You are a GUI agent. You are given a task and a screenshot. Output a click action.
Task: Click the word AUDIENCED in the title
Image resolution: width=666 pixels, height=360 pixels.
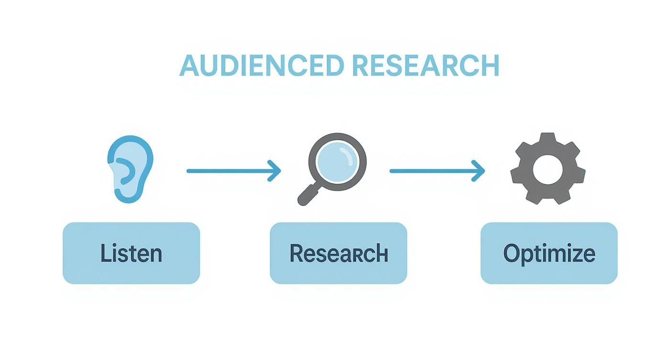click(x=261, y=66)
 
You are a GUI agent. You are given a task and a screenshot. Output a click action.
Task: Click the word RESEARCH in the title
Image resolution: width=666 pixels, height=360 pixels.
click(x=425, y=66)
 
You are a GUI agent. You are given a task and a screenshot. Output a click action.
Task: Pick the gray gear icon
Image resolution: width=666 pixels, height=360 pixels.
click(x=548, y=169)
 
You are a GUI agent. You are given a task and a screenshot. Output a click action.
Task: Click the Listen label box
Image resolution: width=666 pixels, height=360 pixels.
click(x=131, y=253)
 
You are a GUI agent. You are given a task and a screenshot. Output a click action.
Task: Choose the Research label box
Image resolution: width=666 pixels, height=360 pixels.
click(x=338, y=253)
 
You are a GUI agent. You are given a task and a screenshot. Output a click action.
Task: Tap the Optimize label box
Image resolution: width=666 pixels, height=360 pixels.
click(x=549, y=253)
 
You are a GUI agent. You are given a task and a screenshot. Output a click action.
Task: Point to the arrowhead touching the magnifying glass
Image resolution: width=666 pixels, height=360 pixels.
click(x=275, y=170)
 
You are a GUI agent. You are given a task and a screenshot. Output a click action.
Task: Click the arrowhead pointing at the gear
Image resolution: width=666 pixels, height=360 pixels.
click(x=479, y=170)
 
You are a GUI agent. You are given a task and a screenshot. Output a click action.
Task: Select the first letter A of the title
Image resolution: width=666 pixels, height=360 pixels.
click(x=189, y=66)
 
